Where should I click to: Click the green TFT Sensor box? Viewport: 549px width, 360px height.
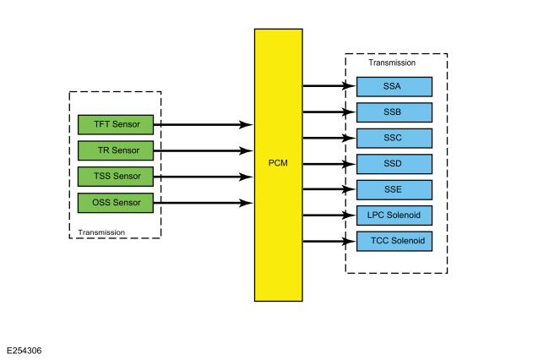click(115, 124)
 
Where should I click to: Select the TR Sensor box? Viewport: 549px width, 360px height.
click(115, 150)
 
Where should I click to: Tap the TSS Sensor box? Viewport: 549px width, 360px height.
click(115, 177)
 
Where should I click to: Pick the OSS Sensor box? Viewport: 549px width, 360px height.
click(115, 203)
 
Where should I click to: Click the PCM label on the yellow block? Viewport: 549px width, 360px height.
click(278, 163)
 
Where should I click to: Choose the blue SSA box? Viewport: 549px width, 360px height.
click(394, 86)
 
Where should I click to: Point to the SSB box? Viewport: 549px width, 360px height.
click(394, 112)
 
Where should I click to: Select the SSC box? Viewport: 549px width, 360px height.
click(394, 138)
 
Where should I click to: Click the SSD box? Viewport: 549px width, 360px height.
click(394, 164)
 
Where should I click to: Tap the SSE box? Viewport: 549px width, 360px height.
click(394, 189)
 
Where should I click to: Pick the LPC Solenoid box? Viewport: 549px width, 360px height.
click(394, 215)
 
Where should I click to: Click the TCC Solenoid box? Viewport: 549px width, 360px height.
click(394, 242)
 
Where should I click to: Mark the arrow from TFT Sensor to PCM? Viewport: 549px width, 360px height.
click(203, 124)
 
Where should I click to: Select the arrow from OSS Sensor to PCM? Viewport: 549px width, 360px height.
click(203, 203)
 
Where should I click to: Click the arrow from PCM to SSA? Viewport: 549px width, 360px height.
click(329, 86)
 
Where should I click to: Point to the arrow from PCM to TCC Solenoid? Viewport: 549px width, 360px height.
click(329, 242)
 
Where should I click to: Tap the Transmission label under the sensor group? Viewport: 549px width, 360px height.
click(101, 232)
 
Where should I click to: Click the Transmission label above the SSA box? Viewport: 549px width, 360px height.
click(392, 63)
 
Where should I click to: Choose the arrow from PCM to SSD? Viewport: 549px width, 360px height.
click(329, 164)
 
